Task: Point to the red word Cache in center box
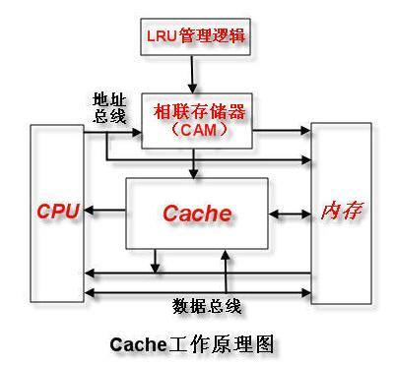(196, 213)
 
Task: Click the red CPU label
(56, 212)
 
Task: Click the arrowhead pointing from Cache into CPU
(89, 212)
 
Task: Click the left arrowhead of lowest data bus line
(89, 292)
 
